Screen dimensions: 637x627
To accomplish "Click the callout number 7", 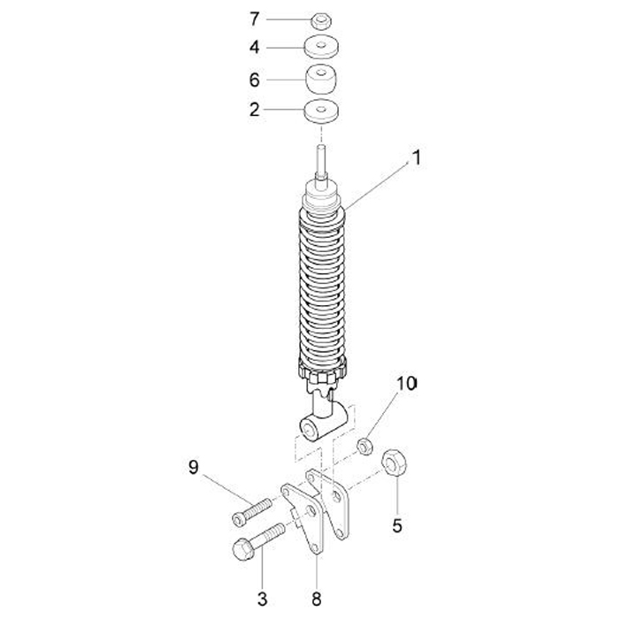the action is coord(254,18).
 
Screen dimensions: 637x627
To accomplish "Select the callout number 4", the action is coord(254,47).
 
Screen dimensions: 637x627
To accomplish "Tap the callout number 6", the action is coord(254,80).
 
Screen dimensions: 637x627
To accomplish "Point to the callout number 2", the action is coord(254,110).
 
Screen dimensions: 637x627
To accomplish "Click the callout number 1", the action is coord(416,160).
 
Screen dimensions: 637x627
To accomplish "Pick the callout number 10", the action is coord(406,384).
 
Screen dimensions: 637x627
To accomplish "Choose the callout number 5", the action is coord(397,525).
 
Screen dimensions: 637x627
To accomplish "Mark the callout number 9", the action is coord(193,466).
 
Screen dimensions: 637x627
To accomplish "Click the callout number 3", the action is coord(262,599).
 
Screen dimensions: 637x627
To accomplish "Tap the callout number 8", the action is coord(317,599).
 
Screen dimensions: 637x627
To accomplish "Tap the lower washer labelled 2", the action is coord(322,112).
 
